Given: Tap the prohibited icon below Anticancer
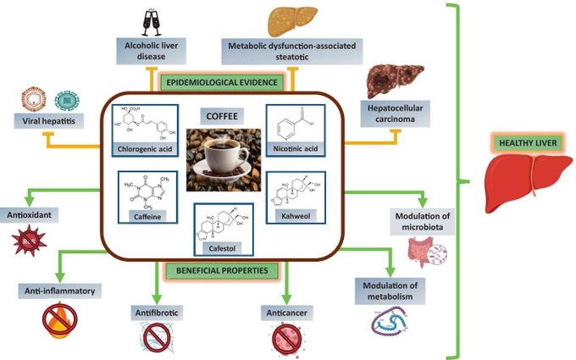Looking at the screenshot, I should [x=285, y=339].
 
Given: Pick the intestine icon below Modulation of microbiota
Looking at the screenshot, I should [x=424, y=252].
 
